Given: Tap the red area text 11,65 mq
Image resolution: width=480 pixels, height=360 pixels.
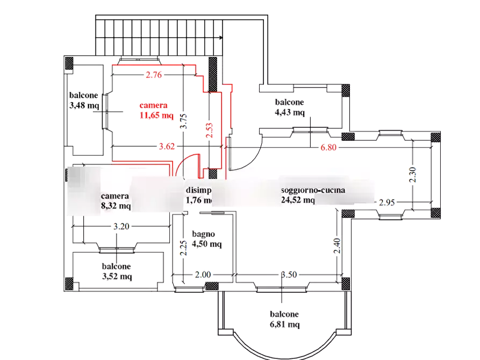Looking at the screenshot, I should pos(156,114).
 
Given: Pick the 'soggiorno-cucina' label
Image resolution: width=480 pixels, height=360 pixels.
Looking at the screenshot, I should pos(313,191).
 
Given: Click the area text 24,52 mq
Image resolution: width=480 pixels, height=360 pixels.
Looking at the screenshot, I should pos(298,200).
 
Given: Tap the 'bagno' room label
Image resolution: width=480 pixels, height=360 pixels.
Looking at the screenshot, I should pos(204,234).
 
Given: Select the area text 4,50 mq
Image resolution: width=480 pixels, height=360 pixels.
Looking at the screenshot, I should pos(207,244).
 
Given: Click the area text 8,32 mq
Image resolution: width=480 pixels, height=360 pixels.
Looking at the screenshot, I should pos(116,205).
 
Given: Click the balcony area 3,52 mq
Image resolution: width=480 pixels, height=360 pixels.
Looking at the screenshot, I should pos(117,276).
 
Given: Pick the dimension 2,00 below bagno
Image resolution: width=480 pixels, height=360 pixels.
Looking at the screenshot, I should pos(202,275).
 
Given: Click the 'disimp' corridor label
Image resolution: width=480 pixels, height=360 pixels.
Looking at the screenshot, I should pos(198,191).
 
